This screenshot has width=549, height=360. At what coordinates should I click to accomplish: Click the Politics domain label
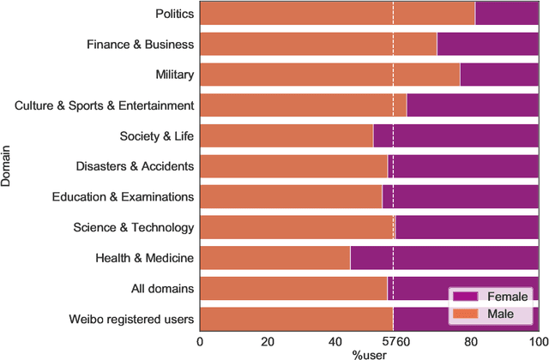tap(174, 14)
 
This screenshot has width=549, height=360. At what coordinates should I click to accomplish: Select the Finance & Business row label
tap(141, 45)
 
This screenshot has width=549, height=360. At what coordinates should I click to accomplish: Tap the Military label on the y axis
tap(174, 75)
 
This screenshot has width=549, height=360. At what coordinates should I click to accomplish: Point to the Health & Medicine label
tap(144, 258)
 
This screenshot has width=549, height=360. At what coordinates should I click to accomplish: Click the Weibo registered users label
tap(131, 320)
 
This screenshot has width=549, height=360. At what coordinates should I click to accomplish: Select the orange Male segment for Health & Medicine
tap(274, 258)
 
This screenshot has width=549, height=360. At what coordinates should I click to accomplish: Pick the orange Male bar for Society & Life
tap(286, 136)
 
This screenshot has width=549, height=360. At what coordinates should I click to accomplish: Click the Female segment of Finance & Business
tap(487, 45)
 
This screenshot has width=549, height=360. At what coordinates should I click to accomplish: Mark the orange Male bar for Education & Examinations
tap(291, 197)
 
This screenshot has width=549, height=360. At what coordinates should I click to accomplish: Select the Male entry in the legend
tap(500, 314)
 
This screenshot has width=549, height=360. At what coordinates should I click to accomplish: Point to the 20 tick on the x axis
tap(268, 340)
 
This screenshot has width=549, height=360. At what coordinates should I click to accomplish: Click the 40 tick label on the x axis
tap(335, 340)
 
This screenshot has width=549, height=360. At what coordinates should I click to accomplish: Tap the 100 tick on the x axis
tap(537, 340)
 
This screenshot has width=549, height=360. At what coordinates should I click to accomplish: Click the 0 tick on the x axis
tap(200, 340)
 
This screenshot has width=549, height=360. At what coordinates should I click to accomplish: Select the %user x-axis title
tap(369, 353)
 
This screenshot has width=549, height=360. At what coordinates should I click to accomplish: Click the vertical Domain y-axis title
tap(8, 166)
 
